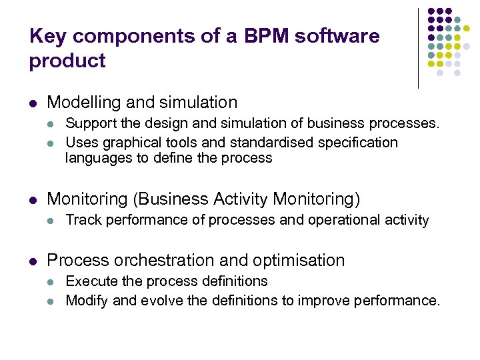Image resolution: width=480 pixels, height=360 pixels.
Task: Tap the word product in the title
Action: pos(67,61)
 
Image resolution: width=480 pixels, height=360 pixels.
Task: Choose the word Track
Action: pos(81,219)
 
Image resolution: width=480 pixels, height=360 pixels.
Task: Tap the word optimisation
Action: pos(299,260)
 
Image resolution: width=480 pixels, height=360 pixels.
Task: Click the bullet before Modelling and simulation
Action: pos(33,103)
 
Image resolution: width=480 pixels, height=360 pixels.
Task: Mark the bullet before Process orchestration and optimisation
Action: pos(33,261)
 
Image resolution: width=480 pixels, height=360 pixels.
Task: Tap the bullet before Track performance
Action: pos(52,220)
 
